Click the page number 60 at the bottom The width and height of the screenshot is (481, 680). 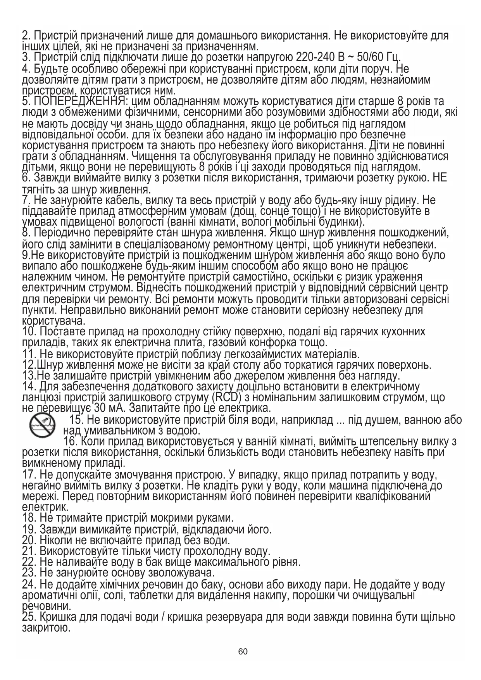click(243, 651)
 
